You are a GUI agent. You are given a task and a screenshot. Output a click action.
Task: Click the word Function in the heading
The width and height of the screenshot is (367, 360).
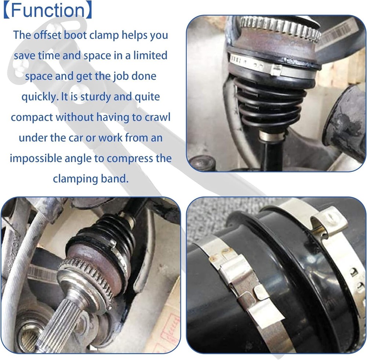pos(47,11)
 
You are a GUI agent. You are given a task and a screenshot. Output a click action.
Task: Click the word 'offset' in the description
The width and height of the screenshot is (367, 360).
pos(47,35)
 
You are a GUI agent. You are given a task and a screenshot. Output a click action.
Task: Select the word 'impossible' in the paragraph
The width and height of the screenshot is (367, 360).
pos(35,159)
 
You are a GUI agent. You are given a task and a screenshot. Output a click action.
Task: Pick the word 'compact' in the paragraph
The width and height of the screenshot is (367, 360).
pos(32,117)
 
